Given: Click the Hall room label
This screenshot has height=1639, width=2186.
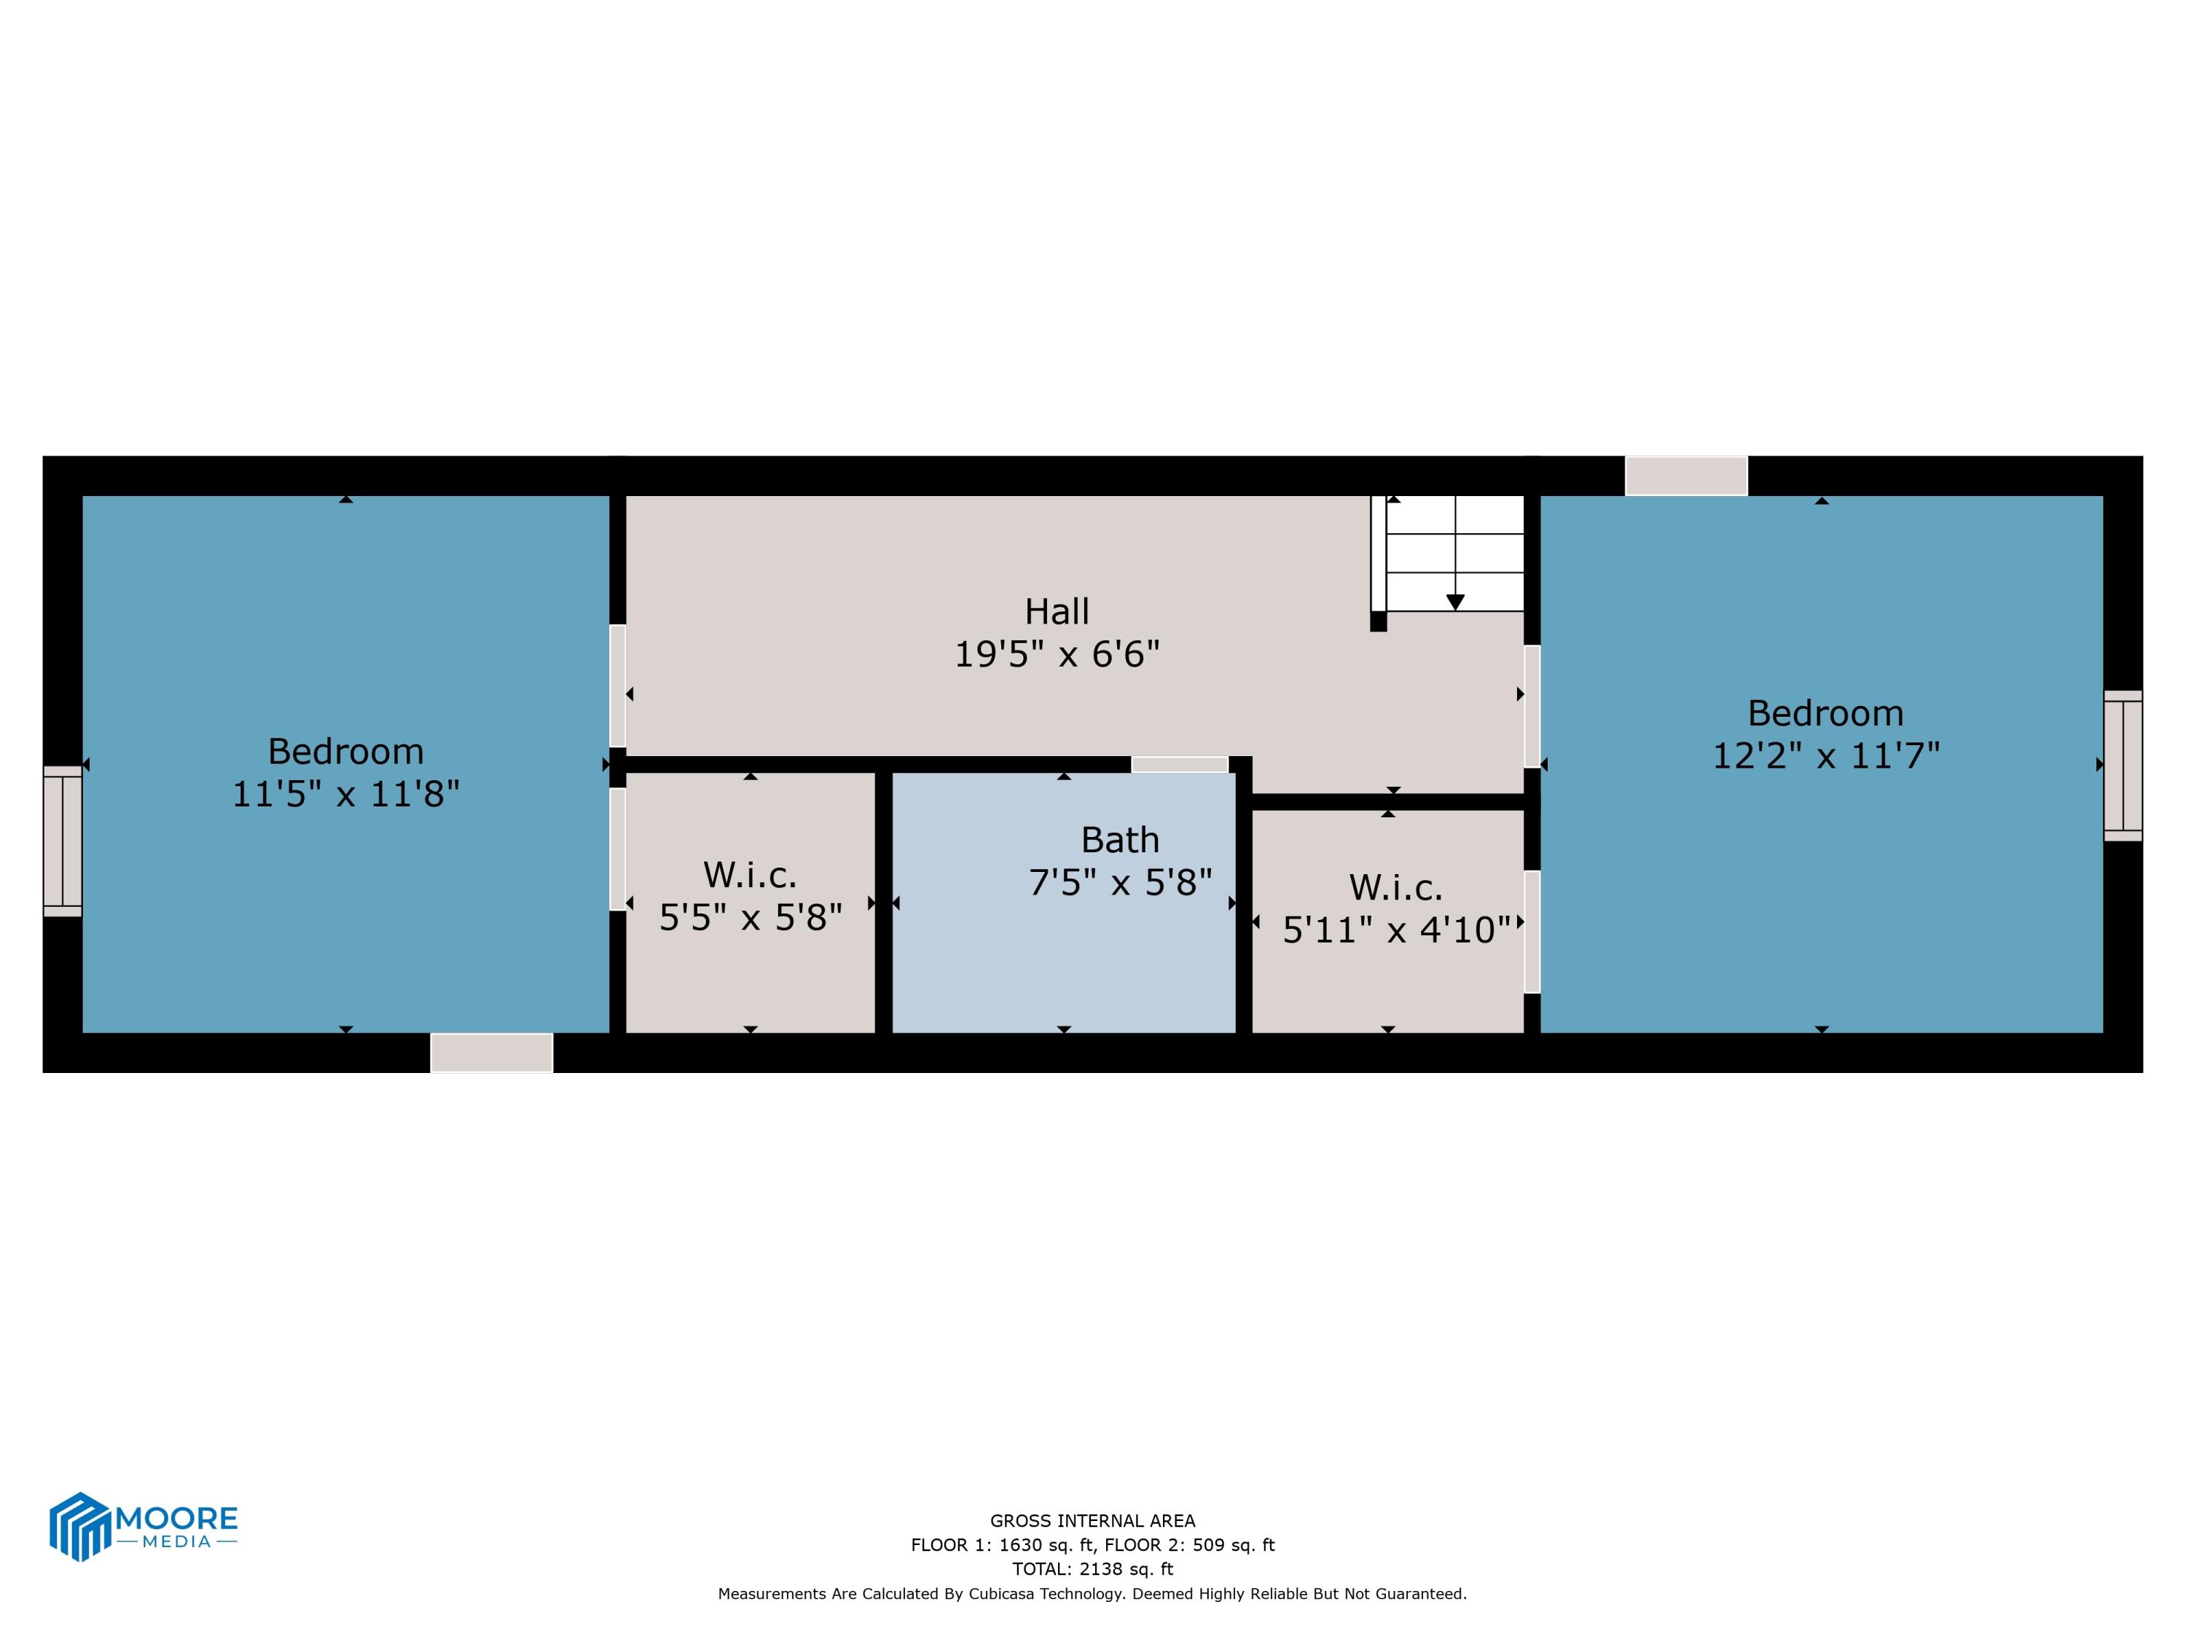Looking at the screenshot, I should point(1057,612).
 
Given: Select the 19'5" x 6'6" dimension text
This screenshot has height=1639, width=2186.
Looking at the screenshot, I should point(1057,654).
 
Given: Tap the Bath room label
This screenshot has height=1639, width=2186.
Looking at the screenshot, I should point(1120,840).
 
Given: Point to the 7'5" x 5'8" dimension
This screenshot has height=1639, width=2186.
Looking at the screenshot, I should point(1120,882).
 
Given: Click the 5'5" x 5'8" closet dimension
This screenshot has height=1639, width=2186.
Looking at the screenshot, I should point(750,918).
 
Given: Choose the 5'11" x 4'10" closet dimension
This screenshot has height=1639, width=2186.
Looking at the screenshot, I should point(1395,929).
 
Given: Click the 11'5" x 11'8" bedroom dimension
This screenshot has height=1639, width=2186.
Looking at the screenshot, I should point(346,794).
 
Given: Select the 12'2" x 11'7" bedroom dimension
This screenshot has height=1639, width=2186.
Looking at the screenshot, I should point(1825,756).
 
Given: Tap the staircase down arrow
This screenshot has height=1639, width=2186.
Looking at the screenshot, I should point(1454,602).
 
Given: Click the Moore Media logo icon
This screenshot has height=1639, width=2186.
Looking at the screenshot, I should point(79,1526).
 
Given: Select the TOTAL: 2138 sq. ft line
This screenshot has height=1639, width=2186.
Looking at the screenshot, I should point(1092,1569).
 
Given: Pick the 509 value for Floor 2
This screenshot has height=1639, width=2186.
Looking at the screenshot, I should point(1210,1545).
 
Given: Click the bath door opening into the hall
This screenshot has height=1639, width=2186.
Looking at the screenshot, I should point(1179,765).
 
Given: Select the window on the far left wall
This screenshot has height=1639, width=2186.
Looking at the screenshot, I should point(62,841).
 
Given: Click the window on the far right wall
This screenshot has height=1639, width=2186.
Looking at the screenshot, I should point(2123,766).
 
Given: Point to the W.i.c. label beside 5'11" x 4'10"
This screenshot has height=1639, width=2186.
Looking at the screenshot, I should point(1395,887).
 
